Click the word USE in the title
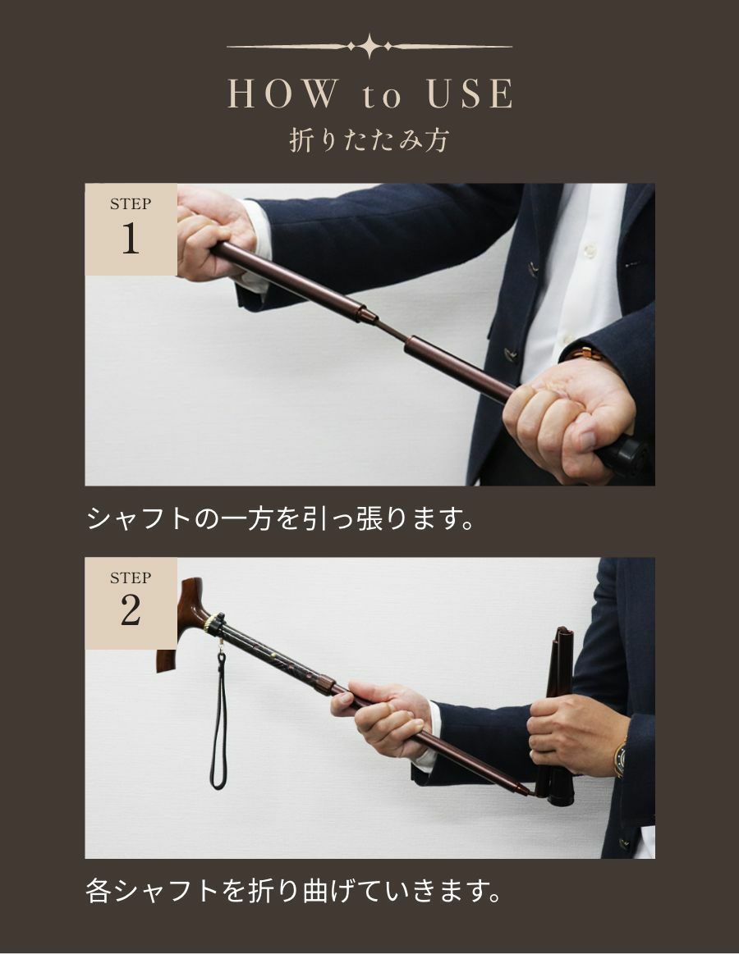pos(468,95)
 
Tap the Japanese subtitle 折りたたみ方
pos(369,140)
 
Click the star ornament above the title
pos(369,47)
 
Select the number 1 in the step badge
pos(131,239)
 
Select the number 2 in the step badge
pos(131,612)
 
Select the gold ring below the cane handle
pos(214,623)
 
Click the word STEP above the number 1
pos(131,204)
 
